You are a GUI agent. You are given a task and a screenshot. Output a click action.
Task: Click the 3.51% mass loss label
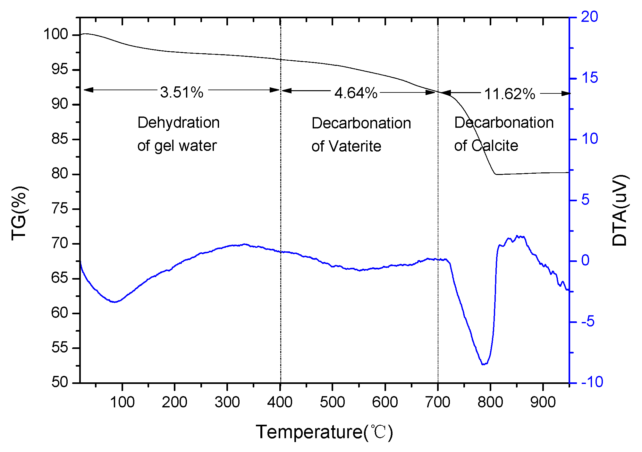[x=182, y=92]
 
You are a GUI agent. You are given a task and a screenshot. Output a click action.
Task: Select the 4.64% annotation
[x=356, y=93]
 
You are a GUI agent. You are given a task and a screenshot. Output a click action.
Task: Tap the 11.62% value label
[x=509, y=94]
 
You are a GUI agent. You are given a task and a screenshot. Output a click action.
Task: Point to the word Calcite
[x=494, y=146]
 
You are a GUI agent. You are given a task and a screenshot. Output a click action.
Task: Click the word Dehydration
[x=178, y=123]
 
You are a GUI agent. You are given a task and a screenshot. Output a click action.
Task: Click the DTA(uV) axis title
[x=619, y=211]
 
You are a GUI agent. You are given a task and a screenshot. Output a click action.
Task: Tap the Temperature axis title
[x=324, y=432]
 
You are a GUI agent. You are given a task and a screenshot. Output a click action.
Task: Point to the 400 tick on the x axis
[x=280, y=402]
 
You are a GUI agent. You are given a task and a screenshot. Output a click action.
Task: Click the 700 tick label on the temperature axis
[x=438, y=402]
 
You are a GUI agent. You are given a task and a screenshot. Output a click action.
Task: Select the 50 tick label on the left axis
[x=60, y=382]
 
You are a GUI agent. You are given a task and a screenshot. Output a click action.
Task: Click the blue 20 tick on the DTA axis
[x=589, y=17]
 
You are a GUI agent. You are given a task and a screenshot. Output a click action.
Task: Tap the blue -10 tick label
[x=592, y=382]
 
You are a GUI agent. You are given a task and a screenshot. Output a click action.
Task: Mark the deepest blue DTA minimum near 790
[x=484, y=364]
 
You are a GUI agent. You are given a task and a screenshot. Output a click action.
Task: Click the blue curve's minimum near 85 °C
[x=114, y=302]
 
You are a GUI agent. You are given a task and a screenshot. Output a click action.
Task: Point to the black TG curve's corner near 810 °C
[x=496, y=174]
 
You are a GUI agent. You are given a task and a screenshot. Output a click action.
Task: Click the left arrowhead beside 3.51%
[x=88, y=90]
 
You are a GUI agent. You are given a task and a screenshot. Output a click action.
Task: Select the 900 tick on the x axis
[x=543, y=402]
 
